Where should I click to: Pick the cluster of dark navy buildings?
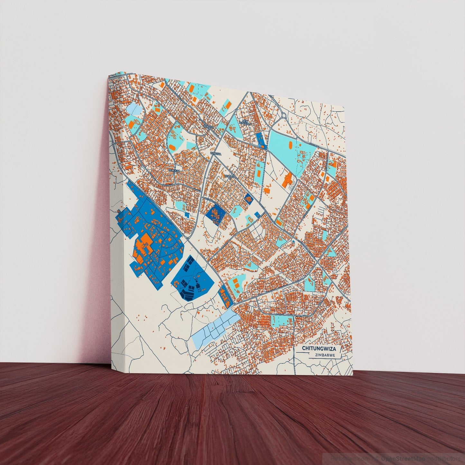point(190,280)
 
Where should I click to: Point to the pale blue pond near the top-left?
point(133,108)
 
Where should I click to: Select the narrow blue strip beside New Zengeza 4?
point(261,140)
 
